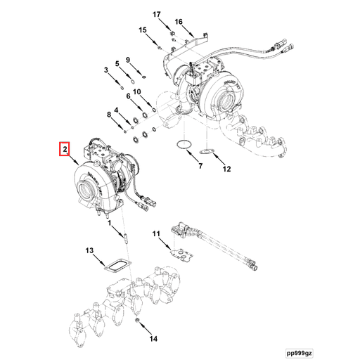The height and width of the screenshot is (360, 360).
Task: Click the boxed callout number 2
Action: pos(64,149)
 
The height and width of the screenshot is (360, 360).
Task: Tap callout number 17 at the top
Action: pos(157,14)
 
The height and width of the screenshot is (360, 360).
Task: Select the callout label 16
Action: pos(179,22)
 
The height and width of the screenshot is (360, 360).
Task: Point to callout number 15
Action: pos(143,30)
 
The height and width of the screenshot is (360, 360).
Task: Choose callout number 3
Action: pos(107,70)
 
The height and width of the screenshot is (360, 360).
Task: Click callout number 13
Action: pos(89,250)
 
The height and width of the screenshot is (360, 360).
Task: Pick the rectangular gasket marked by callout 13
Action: pos(116,266)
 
